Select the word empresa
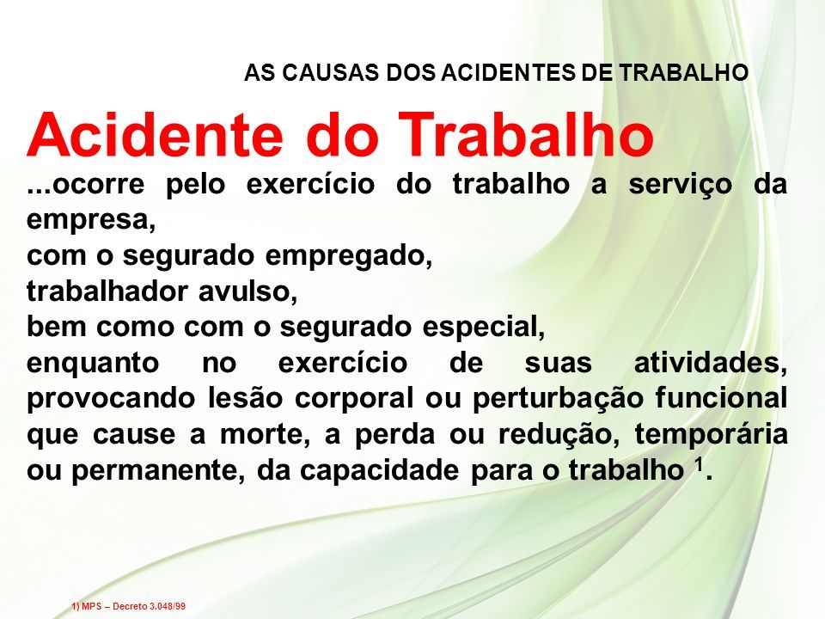point(92,221)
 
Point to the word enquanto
point(93,364)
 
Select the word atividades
point(711,363)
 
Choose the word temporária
point(712,435)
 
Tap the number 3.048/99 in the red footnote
point(168,606)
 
